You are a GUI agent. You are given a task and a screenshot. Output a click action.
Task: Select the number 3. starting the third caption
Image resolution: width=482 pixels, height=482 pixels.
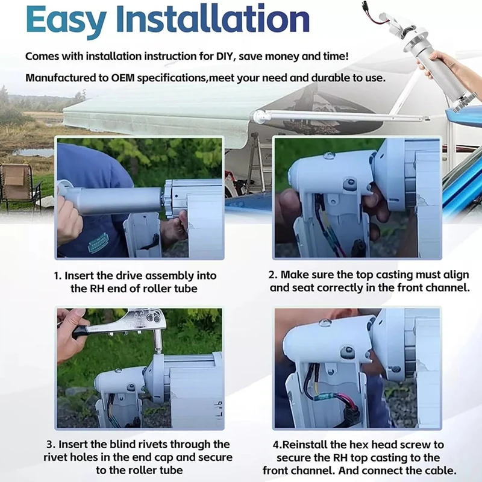51,445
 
